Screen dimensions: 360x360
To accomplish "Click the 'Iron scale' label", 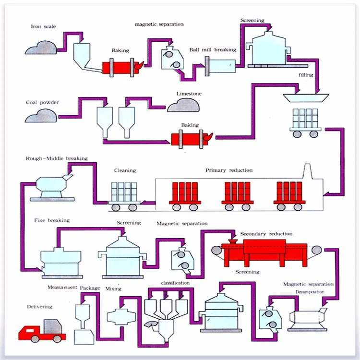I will pos(43,26).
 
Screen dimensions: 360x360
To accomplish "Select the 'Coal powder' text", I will pos(42,102).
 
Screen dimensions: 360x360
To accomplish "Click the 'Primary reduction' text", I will pos(229,170).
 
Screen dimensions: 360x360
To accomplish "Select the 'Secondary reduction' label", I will pos(266,234).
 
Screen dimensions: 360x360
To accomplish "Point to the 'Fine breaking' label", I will pos(52,220).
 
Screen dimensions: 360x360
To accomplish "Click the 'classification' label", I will pos(175,283).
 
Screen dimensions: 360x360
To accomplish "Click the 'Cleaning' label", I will pos(125,170).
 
